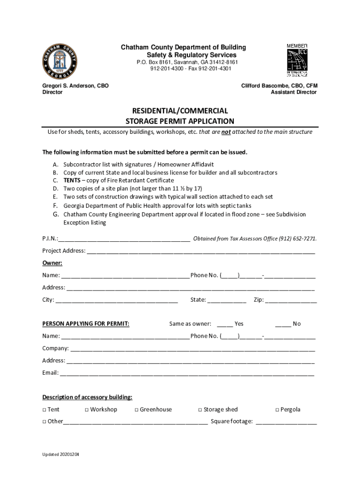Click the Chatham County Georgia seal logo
60,62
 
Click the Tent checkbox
44,410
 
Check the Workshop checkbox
86,410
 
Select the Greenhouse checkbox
136,410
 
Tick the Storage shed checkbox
200,410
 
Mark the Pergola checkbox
277,410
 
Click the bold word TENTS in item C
72,181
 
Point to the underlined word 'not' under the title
226,132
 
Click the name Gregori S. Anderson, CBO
75,86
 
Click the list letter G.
55,214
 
